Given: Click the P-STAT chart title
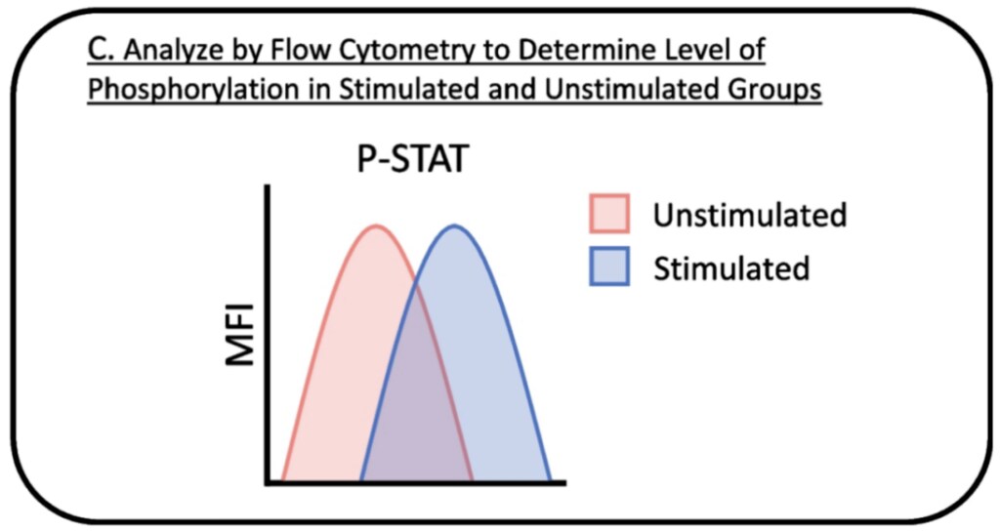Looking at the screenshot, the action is pyautogui.click(x=413, y=159).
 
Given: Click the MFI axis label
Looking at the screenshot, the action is pyautogui.click(x=240, y=335).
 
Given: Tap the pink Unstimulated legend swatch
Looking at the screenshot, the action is pyautogui.click(x=609, y=214).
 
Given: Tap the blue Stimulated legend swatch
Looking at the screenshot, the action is pyautogui.click(x=609, y=266).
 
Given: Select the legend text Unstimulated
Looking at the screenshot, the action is pyautogui.click(x=750, y=215).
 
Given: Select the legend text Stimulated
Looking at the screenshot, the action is pyautogui.click(x=731, y=267).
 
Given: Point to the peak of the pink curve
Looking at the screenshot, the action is pyautogui.click(x=377, y=225).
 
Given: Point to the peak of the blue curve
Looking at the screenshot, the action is pyautogui.click(x=455, y=225).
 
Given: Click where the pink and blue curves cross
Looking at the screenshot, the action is pyautogui.click(x=416, y=283).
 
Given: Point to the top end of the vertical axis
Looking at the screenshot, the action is pyautogui.click(x=268, y=186).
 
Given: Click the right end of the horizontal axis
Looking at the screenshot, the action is pyautogui.click(x=563, y=483).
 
